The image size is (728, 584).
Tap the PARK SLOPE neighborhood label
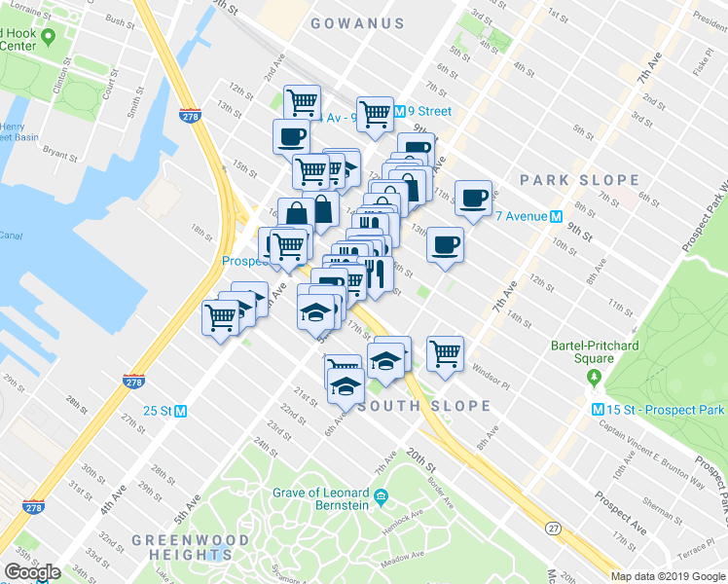click(579, 180)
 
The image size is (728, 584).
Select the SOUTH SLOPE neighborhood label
click(423, 406)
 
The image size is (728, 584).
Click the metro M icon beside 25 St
click(181, 411)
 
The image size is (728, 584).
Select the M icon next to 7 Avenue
click(557, 216)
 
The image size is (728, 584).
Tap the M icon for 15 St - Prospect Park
click(600, 409)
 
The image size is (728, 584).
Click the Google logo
click(32, 572)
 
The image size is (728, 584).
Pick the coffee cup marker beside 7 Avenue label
click(474, 199)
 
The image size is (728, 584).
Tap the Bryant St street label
click(59, 154)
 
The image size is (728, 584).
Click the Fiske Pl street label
click(702, 69)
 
